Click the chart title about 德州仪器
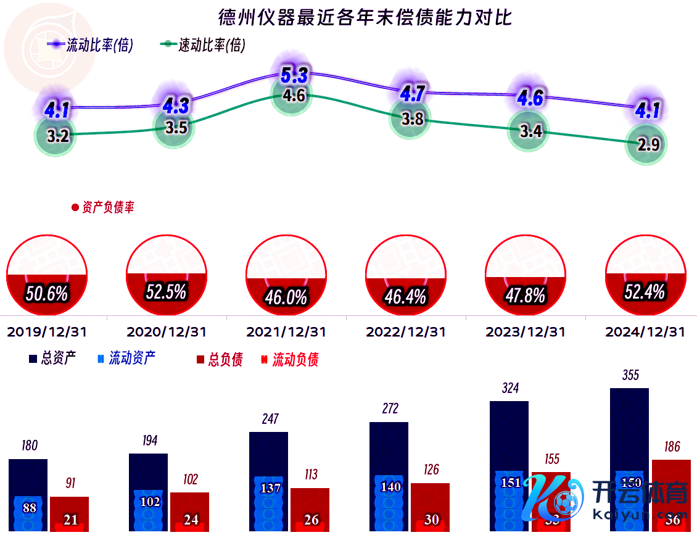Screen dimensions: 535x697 point(365,17)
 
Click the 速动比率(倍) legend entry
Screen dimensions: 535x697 point(204,45)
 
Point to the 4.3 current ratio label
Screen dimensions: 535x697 point(176,105)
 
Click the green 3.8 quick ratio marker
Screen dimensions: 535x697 point(411,119)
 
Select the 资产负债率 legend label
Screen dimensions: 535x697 point(103,207)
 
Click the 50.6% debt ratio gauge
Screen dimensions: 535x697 point(47,275)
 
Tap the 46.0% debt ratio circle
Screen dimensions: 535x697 point(286,275)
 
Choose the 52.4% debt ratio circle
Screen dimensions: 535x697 point(645,275)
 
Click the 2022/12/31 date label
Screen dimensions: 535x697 point(406,332)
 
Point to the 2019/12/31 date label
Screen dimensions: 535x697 point(47,332)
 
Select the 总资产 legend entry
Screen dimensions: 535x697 point(52,359)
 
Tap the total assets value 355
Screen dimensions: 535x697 point(630,375)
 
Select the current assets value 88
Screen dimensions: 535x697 point(30,508)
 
